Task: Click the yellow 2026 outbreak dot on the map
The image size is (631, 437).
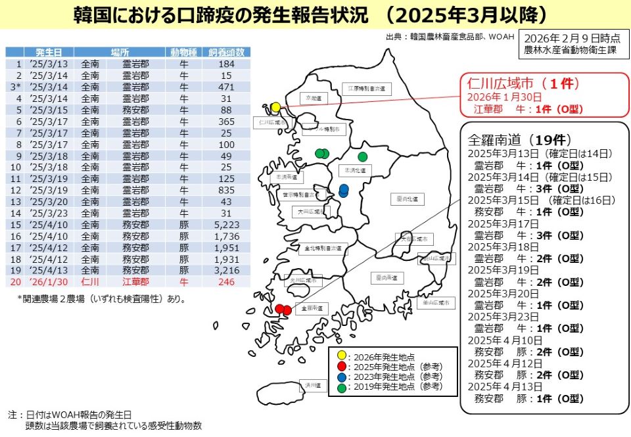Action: click(275, 107)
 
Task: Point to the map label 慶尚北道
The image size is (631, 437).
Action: click(408, 198)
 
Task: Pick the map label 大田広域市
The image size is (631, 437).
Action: click(308, 212)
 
